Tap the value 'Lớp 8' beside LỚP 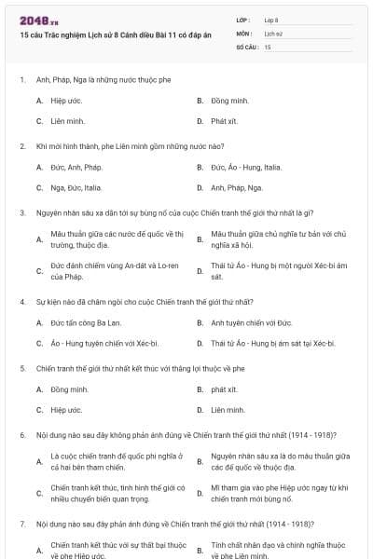[x=271, y=20]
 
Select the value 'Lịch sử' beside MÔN [x=271, y=33]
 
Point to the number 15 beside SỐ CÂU [x=268, y=46]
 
